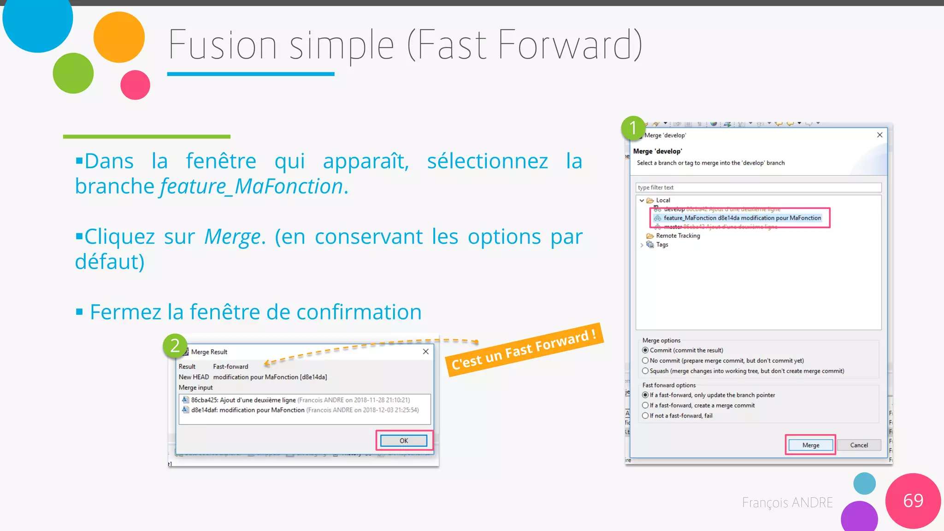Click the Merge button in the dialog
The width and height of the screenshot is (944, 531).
(x=810, y=445)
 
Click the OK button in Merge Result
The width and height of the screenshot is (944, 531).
(x=404, y=441)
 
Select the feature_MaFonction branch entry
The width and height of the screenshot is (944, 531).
(x=742, y=218)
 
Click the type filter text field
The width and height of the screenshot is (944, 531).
(x=758, y=188)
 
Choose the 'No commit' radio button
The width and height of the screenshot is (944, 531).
(x=645, y=360)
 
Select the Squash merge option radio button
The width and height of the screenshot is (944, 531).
(x=645, y=371)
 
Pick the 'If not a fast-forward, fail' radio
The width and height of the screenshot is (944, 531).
(x=645, y=416)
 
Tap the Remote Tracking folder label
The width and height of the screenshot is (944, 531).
(x=678, y=236)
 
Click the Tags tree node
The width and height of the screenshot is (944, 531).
(x=662, y=245)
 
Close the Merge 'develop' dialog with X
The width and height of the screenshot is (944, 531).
(x=879, y=135)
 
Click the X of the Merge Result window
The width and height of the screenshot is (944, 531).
(x=425, y=352)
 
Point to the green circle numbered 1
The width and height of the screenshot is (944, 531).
(x=633, y=128)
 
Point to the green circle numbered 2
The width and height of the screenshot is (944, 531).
(x=175, y=346)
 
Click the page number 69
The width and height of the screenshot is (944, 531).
(x=913, y=501)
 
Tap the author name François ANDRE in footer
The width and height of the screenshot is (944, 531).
(x=787, y=502)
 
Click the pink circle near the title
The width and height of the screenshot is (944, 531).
(x=135, y=85)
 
